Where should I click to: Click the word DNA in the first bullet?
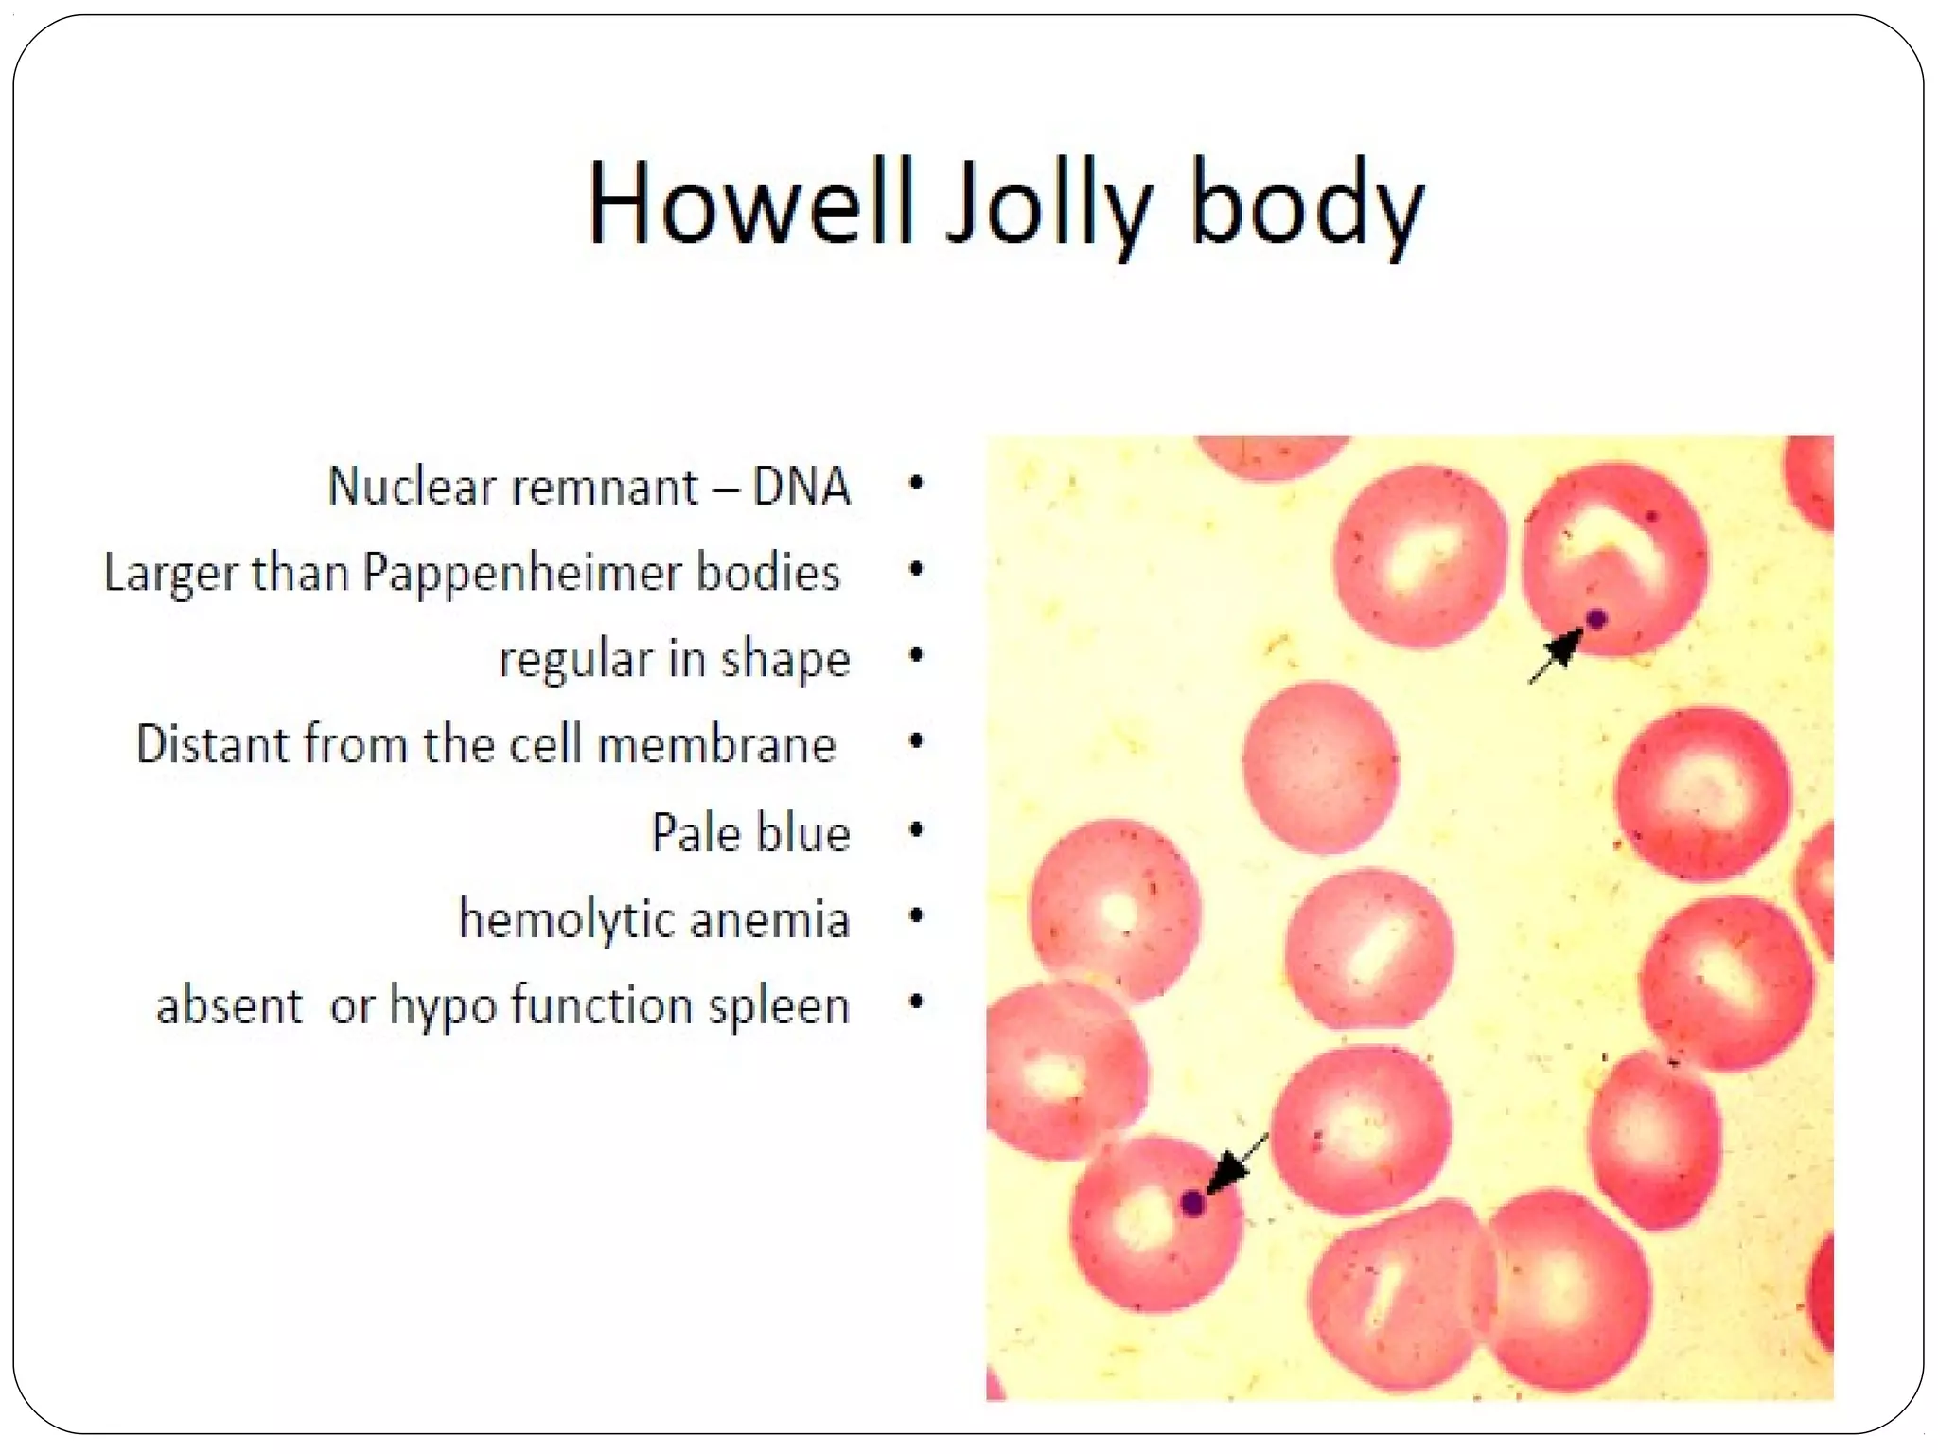(801, 488)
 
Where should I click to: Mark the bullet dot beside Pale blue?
(915, 830)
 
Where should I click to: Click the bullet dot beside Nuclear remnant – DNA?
(915, 484)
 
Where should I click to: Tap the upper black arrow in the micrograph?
(1556, 655)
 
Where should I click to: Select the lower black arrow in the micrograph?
(1234, 1166)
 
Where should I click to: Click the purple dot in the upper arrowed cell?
(1597, 620)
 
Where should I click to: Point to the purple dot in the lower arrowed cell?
(1193, 1204)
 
